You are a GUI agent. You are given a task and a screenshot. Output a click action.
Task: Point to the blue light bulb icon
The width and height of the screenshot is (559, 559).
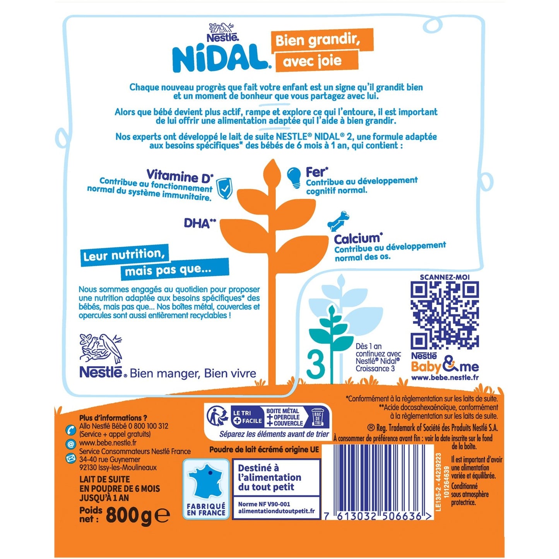click(x=294, y=177)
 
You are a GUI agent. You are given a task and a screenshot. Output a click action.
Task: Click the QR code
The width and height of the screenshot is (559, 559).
click(x=444, y=315)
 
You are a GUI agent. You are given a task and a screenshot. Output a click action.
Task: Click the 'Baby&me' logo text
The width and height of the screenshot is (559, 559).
click(x=444, y=366)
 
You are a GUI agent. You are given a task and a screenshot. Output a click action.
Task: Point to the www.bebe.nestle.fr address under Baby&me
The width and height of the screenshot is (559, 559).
click(x=445, y=378)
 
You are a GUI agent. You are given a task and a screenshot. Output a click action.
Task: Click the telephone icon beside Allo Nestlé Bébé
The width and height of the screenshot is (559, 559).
click(x=71, y=429)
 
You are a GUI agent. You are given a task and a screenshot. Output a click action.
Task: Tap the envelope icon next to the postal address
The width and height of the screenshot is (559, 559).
click(x=71, y=459)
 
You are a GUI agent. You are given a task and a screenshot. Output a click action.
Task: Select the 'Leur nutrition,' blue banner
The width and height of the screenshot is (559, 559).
click(x=125, y=255)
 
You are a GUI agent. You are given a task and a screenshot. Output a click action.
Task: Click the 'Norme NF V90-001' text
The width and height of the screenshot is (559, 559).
click(x=264, y=504)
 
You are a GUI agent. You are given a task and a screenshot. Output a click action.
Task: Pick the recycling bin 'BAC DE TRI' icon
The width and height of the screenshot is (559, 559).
click(x=318, y=417)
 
